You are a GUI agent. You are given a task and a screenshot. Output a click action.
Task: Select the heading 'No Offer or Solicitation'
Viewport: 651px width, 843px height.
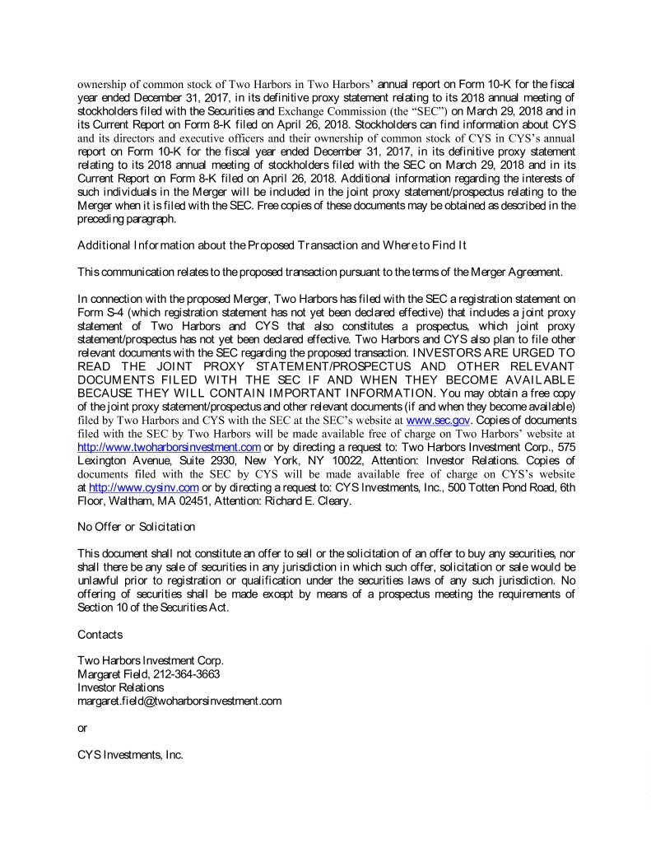coord(136,526)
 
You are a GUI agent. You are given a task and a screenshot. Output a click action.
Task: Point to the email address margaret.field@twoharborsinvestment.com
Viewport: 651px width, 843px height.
coord(179,701)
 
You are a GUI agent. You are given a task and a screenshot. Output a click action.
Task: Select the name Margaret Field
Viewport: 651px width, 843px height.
coord(110,673)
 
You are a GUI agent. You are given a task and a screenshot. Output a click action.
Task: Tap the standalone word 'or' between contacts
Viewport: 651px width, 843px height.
coord(82,728)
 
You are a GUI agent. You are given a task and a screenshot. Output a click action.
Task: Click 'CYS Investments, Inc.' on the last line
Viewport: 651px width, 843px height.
coord(130,755)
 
